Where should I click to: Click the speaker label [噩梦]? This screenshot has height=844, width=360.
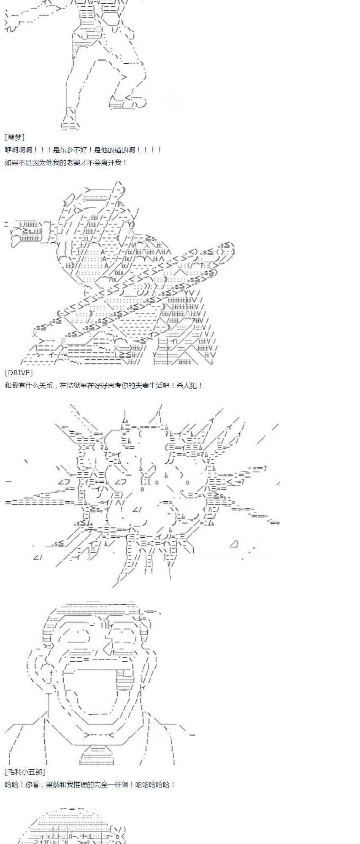click(15, 137)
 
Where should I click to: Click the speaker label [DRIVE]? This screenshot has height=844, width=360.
click(19, 373)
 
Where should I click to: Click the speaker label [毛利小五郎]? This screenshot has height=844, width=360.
click(25, 772)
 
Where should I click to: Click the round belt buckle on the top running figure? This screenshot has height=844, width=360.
click(98, 29)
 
